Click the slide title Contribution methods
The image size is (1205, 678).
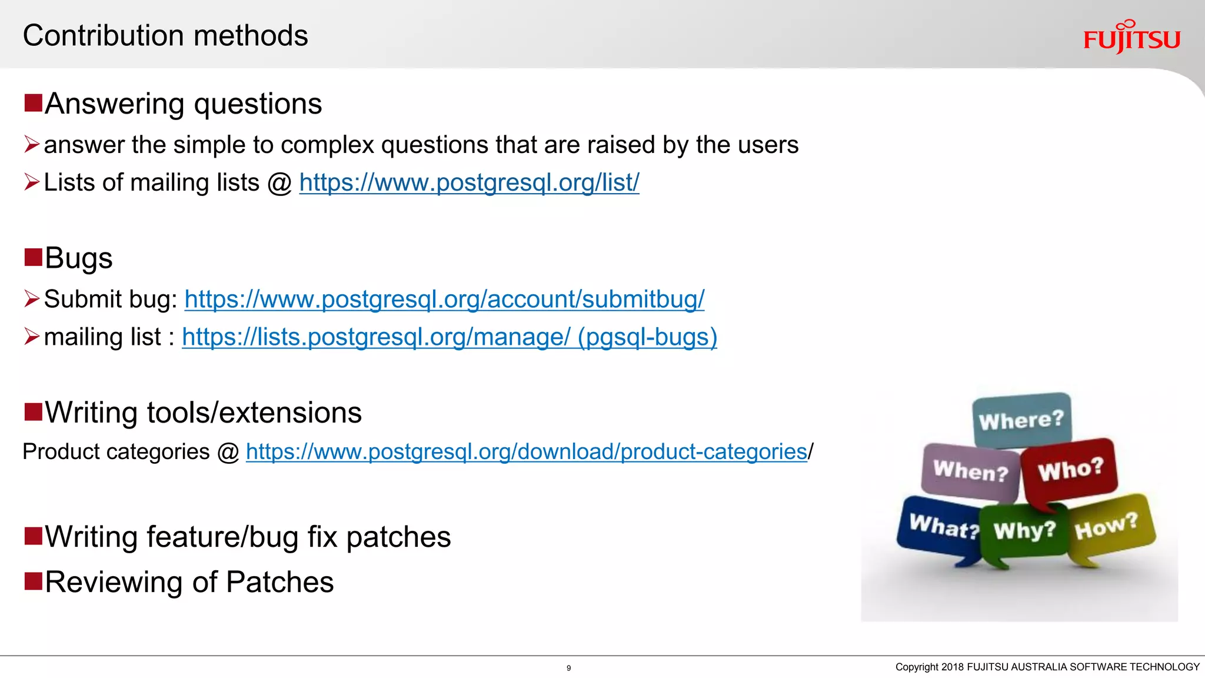coord(165,35)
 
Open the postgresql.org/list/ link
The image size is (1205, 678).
coord(469,182)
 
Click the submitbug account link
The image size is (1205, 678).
coord(444,299)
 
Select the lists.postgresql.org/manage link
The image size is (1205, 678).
coord(449,337)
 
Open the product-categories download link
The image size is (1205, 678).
coord(526,451)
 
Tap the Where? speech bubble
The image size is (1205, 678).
coord(1021,420)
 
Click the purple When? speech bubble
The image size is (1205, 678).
coord(970,471)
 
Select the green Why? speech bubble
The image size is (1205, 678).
coord(1024,531)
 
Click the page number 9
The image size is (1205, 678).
coord(568,668)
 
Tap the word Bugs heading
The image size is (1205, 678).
coord(78,258)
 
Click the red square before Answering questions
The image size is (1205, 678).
coord(34,103)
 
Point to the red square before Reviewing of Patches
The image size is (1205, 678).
coord(34,581)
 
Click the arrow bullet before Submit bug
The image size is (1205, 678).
coord(32,299)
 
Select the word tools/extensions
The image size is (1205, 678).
coord(254,413)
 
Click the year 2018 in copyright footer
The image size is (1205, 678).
coord(952,667)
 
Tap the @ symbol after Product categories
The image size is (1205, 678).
coord(228,452)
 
